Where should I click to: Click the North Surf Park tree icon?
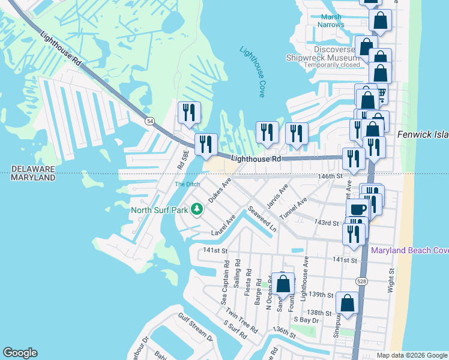click(196, 209)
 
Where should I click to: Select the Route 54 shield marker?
click(149, 121)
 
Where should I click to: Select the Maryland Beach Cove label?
click(410, 250)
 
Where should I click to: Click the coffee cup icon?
click(358, 209)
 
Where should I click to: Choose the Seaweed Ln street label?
click(262, 220)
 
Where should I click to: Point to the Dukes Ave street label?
click(220, 190)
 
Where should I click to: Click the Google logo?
click(20, 353)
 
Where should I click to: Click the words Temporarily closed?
click(331, 65)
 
